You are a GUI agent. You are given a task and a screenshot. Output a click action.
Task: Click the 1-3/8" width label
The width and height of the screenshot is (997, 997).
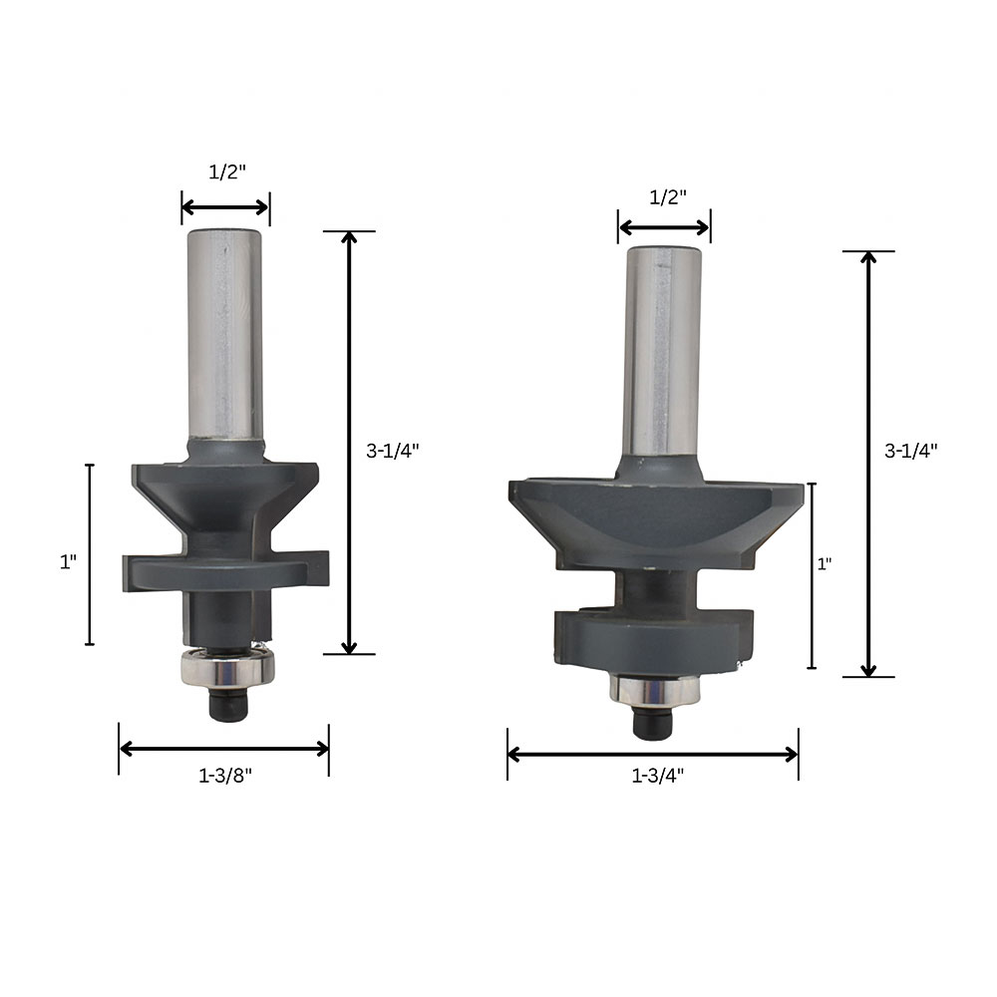[x=225, y=776]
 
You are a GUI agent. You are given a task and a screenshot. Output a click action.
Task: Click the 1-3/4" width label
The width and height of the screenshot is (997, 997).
[x=657, y=776]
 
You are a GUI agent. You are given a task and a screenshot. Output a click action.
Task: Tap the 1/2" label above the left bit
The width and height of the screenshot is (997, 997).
[x=227, y=171]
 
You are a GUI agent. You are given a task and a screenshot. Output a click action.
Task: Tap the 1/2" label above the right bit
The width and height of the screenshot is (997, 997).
[x=668, y=197]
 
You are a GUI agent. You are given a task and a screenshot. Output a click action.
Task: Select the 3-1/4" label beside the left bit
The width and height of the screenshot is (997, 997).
[x=392, y=451]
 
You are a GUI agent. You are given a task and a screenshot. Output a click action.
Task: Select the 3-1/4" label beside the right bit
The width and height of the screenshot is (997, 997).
[x=910, y=451]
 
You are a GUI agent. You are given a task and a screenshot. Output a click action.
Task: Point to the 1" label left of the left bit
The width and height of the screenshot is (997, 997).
[x=68, y=562]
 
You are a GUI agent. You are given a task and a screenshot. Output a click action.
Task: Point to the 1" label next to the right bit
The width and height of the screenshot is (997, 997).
[x=825, y=564]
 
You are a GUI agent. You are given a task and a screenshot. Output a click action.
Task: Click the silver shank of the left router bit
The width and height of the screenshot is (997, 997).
[x=225, y=335]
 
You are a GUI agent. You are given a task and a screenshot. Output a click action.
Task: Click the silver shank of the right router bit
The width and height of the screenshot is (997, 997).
[x=662, y=351]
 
